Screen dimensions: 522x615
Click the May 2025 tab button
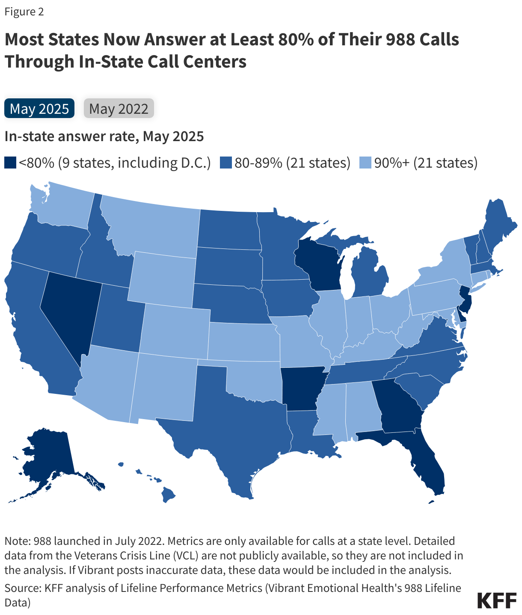39,109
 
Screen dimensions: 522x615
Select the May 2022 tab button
119,109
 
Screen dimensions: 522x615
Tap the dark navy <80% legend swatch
10,163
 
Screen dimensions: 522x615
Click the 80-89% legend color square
226,163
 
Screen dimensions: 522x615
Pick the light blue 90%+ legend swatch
365,163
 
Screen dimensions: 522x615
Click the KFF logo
497,600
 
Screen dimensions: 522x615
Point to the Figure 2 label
24,12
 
